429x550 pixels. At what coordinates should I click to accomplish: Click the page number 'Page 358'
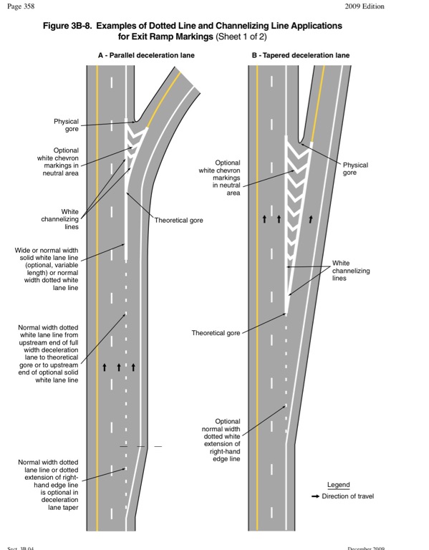point(21,6)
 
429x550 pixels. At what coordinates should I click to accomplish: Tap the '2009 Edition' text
point(365,6)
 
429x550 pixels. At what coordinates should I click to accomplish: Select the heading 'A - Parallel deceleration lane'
point(146,55)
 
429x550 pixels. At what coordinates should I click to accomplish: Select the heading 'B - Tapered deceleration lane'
point(301,55)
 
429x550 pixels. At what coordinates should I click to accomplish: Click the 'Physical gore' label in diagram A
point(66,125)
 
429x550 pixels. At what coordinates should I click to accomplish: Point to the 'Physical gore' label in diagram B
point(355,169)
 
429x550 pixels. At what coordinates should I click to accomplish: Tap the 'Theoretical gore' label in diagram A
point(179,221)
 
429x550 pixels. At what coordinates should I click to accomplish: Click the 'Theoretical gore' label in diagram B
point(216,333)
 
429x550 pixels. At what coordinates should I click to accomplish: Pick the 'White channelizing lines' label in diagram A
point(60,219)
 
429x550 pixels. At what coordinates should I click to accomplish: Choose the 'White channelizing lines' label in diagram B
point(351,271)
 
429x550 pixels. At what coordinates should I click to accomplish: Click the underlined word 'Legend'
point(339,485)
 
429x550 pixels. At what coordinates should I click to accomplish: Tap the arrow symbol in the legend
point(315,496)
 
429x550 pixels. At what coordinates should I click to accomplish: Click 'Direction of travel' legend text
point(348,496)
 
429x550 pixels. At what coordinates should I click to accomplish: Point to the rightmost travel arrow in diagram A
point(133,367)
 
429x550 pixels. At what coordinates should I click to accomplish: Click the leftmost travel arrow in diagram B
point(264,219)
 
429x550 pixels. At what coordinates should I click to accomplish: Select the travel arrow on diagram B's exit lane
point(311,219)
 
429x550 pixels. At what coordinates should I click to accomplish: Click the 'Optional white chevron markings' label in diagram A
point(58,162)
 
